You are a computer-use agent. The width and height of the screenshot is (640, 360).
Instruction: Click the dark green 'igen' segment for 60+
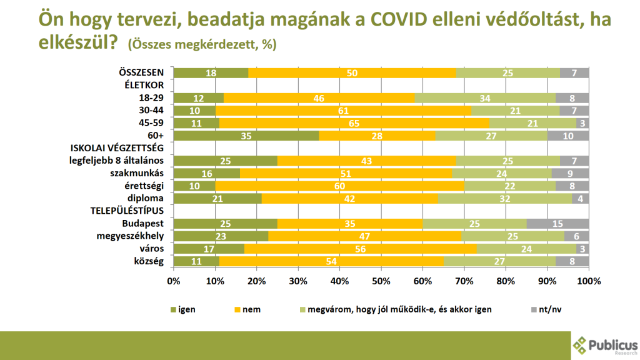coord(246,136)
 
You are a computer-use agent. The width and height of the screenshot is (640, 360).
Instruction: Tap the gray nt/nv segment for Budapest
coord(558,223)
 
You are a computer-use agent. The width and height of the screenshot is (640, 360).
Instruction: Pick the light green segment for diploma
coord(505,198)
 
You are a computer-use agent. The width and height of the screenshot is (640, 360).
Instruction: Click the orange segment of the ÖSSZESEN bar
coord(352,73)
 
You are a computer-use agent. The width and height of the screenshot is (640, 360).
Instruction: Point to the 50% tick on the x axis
coord(381,281)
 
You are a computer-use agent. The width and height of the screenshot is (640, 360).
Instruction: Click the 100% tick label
coord(588,281)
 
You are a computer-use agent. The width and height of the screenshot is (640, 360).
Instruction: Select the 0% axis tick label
coord(173,281)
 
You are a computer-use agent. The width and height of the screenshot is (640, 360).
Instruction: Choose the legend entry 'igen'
coord(182,309)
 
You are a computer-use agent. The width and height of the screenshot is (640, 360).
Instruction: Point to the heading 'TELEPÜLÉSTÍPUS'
coord(127,211)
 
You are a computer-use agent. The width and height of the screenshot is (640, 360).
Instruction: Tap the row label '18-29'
coord(151,98)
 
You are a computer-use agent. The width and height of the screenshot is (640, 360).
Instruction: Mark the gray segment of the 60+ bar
coord(568,136)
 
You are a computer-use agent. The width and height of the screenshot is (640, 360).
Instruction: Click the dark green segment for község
coord(196,261)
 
